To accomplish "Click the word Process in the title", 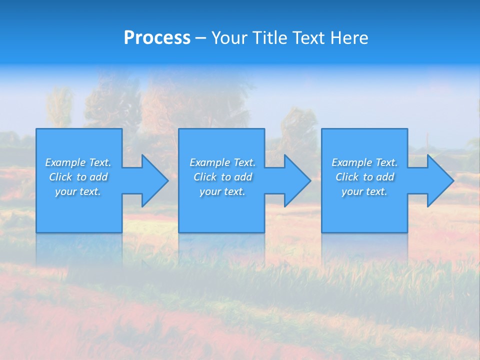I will tap(157, 38).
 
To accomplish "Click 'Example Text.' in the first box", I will tap(78, 162).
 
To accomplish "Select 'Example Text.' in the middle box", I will tap(222, 162).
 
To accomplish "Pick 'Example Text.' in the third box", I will tap(364, 162).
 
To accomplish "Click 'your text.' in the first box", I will tap(78, 191).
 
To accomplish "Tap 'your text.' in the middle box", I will tap(222, 191).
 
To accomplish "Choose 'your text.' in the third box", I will tap(364, 191).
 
